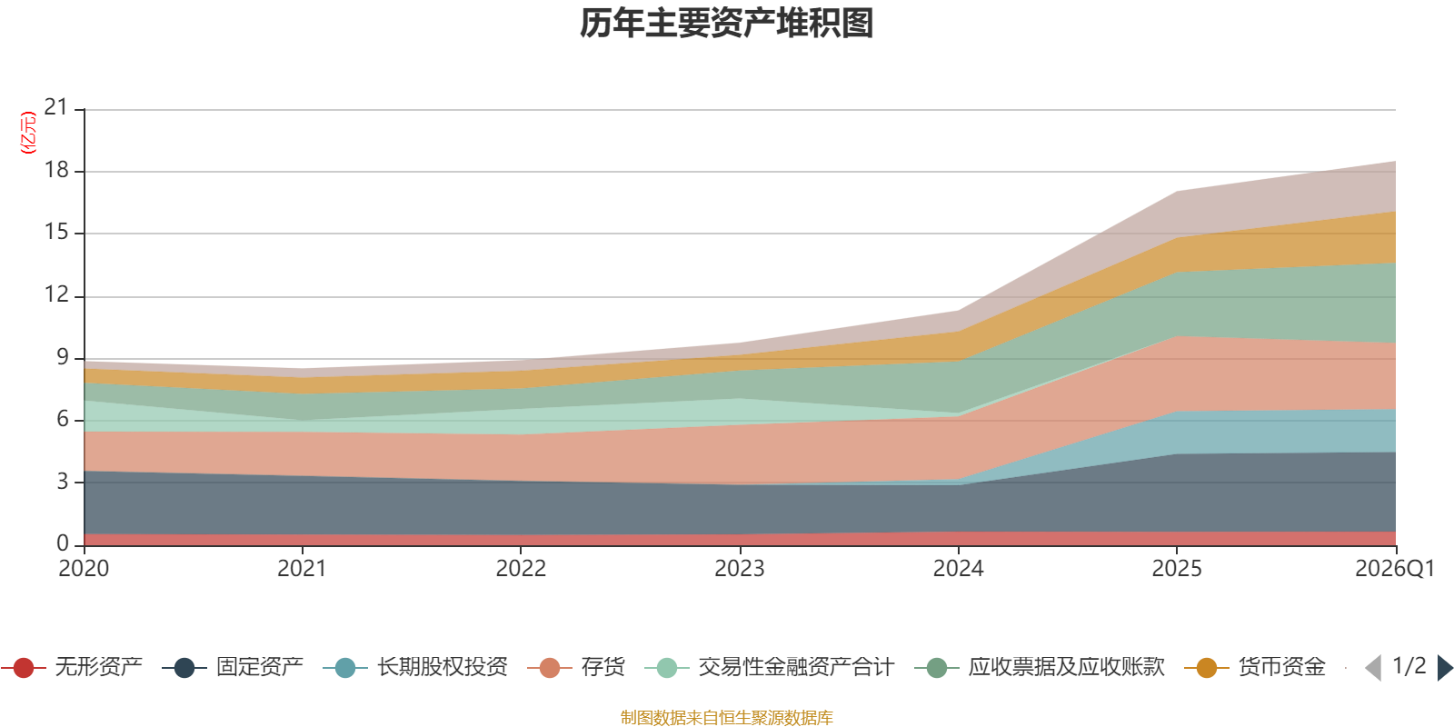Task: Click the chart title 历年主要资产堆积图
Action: pyautogui.click(x=726, y=24)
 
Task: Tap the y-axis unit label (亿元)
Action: pyautogui.click(x=28, y=133)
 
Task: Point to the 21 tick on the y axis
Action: pyautogui.click(x=56, y=107)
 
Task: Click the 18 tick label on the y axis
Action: pyautogui.click(x=56, y=170)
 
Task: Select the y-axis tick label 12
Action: pyautogui.click(x=56, y=294)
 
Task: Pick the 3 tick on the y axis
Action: pyautogui.click(x=63, y=482)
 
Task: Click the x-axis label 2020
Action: pyautogui.click(x=84, y=569)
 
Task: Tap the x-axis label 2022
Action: pyautogui.click(x=522, y=569)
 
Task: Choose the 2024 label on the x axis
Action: pyautogui.click(x=958, y=569)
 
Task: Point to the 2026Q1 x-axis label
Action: pyautogui.click(x=1395, y=569)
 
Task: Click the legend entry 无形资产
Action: pyautogui.click(x=72, y=667)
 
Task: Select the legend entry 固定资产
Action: pyautogui.click(x=233, y=667)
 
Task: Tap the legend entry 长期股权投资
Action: pyautogui.click(x=415, y=667)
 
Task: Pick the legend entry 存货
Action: pyautogui.click(x=576, y=667)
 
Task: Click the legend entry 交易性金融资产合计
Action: pyautogui.click(x=770, y=667)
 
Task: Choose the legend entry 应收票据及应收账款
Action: pyautogui.click(x=1040, y=667)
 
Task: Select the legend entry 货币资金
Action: pyautogui.click(x=1255, y=667)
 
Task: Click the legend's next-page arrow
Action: pyautogui.click(x=1445, y=668)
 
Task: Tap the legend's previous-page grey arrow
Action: pyautogui.click(x=1373, y=668)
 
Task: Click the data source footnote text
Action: pyautogui.click(x=726, y=717)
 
